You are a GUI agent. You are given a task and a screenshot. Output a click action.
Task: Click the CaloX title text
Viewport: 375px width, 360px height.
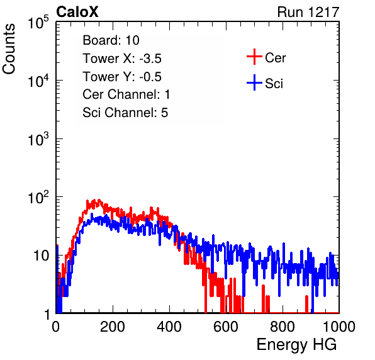tap(77, 12)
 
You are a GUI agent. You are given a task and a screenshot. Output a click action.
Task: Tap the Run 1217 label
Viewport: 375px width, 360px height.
tap(308, 12)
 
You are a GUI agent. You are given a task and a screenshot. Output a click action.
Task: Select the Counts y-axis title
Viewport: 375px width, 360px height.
tap(9, 49)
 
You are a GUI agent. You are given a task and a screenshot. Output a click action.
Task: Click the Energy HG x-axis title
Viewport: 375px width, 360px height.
tap(296, 345)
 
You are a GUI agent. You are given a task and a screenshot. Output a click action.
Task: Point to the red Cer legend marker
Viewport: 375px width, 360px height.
tap(254, 57)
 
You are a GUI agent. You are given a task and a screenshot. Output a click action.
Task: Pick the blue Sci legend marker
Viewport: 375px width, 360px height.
tap(254, 82)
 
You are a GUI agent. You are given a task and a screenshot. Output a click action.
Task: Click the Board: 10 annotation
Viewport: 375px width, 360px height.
tap(111, 40)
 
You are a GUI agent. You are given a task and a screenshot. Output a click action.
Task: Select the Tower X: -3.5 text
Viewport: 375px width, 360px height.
tap(122, 59)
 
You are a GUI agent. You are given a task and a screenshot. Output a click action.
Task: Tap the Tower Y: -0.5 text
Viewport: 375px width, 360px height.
tap(122, 77)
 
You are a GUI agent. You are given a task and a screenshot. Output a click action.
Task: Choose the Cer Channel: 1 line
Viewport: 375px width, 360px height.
tap(126, 94)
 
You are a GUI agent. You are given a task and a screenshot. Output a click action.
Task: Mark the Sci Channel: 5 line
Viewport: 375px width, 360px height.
tap(125, 113)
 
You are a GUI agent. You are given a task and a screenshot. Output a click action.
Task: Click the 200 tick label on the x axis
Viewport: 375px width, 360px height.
tap(113, 327)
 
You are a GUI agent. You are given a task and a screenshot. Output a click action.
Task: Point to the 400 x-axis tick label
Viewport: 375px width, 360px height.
tap(169, 327)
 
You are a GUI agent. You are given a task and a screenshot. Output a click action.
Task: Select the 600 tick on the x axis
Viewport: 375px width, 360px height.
tap(226, 327)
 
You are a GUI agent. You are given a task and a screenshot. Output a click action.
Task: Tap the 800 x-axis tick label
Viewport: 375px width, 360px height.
tap(283, 327)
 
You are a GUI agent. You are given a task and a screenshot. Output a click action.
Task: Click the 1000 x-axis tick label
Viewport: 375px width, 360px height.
tap(339, 327)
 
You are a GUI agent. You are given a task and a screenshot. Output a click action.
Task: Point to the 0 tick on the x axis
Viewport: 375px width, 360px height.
tap(56, 327)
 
